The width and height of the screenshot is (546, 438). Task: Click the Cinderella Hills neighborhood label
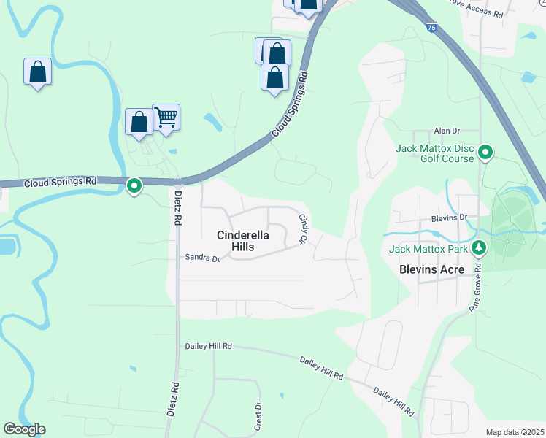pyautogui.click(x=243, y=241)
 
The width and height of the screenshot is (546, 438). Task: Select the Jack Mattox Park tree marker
pyautogui.click(x=479, y=248)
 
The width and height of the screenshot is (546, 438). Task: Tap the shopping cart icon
pyautogui.click(x=166, y=117)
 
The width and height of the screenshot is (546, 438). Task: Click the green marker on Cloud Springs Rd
pyautogui.click(x=134, y=186)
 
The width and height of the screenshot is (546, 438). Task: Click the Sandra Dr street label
pyautogui.click(x=202, y=258)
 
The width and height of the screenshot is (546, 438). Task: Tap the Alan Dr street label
pyautogui.click(x=446, y=131)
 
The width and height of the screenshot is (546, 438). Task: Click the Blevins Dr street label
pyautogui.click(x=449, y=218)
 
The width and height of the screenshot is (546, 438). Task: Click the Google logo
pyautogui.click(x=24, y=429)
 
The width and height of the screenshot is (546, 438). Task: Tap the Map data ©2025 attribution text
pyautogui.click(x=515, y=432)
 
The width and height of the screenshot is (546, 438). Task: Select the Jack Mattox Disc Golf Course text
pyautogui.click(x=435, y=153)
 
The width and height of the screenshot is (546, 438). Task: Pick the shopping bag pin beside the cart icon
pyautogui.click(x=139, y=122)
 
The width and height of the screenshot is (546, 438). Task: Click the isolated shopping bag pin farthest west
pyautogui.click(x=37, y=72)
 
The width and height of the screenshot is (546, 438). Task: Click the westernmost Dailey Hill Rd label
pyautogui.click(x=208, y=346)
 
